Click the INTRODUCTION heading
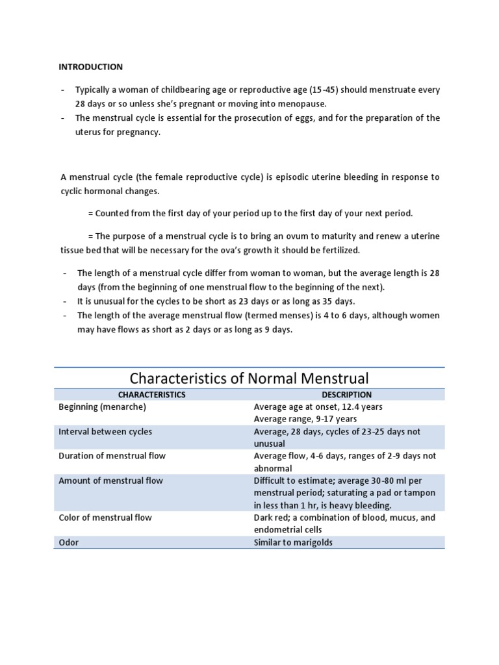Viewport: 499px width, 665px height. tap(90, 67)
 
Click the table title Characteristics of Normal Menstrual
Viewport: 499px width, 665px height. tap(249, 378)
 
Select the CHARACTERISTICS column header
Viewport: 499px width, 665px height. tap(151, 394)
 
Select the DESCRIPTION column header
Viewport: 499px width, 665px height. tap(347, 394)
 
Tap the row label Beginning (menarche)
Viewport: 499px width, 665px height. tap(102, 407)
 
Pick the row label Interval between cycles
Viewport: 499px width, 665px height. tap(105, 431)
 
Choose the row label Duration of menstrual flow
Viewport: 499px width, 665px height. tap(112, 456)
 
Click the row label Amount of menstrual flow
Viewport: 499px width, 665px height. tap(110, 481)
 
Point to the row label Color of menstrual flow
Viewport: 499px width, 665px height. tap(105, 518)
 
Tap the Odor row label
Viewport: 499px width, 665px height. tap(68, 542)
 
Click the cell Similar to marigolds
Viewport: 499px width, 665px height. tap(292, 542)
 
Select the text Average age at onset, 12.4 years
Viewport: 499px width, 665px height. tap(318, 407)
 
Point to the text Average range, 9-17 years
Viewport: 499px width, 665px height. tap(300, 419)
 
